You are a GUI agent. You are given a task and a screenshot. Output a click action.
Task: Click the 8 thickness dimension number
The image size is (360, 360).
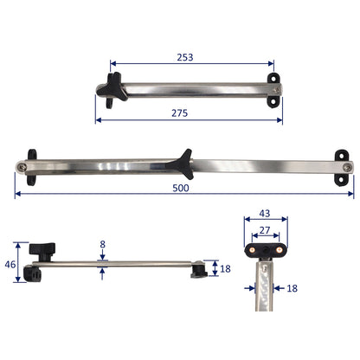pos(102,245)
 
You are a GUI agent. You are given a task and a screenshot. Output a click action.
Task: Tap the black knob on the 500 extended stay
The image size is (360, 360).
pos(182,159)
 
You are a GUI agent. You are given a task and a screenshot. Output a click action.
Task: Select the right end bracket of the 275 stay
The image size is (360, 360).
pos(275,90)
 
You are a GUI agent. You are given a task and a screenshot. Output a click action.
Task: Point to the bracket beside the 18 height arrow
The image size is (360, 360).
pos(199,269)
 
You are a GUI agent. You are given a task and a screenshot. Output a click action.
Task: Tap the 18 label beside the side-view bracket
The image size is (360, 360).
pos(225,269)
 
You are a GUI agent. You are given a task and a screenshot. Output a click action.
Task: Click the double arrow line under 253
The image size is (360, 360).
pos(191,65)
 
